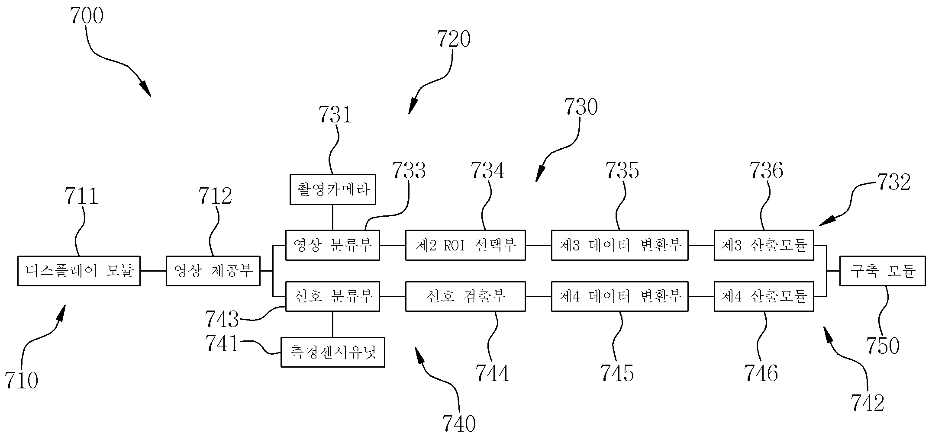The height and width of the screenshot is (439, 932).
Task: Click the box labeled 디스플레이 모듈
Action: pyautogui.click(x=79, y=271)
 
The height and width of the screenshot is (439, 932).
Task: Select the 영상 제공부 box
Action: pyautogui.click(x=213, y=271)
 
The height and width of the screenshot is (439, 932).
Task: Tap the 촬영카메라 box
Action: pyautogui.click(x=332, y=189)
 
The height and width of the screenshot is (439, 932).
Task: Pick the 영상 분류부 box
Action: pyautogui.click(x=332, y=245)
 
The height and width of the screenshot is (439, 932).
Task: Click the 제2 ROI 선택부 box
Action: pyautogui.click(x=465, y=245)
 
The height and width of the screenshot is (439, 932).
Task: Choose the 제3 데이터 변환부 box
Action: pyautogui.click(x=619, y=245)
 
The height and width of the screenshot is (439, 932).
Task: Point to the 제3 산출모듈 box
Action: pyautogui.click(x=764, y=245)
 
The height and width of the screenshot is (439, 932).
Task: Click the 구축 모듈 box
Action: pyautogui.click(x=883, y=271)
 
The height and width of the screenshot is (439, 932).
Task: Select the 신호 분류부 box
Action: pyautogui.click(x=332, y=296)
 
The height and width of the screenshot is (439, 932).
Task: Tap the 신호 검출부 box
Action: pyautogui.click(x=465, y=296)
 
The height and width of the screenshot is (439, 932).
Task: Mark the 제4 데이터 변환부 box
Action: pyautogui.click(x=619, y=296)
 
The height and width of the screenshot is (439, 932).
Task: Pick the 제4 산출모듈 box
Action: pyautogui.click(x=764, y=296)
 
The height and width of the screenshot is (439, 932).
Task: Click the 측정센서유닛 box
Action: pyautogui.click(x=332, y=352)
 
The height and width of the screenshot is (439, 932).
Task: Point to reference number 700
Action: pyautogui.click(x=87, y=16)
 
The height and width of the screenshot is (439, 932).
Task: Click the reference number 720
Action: pyautogui.click(x=454, y=39)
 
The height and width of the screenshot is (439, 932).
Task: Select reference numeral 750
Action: pyautogui.click(x=883, y=346)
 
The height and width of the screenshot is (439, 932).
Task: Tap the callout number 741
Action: pyautogui.click(x=223, y=344)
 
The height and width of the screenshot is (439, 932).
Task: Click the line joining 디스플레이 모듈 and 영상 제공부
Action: pyautogui.click(x=153, y=271)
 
